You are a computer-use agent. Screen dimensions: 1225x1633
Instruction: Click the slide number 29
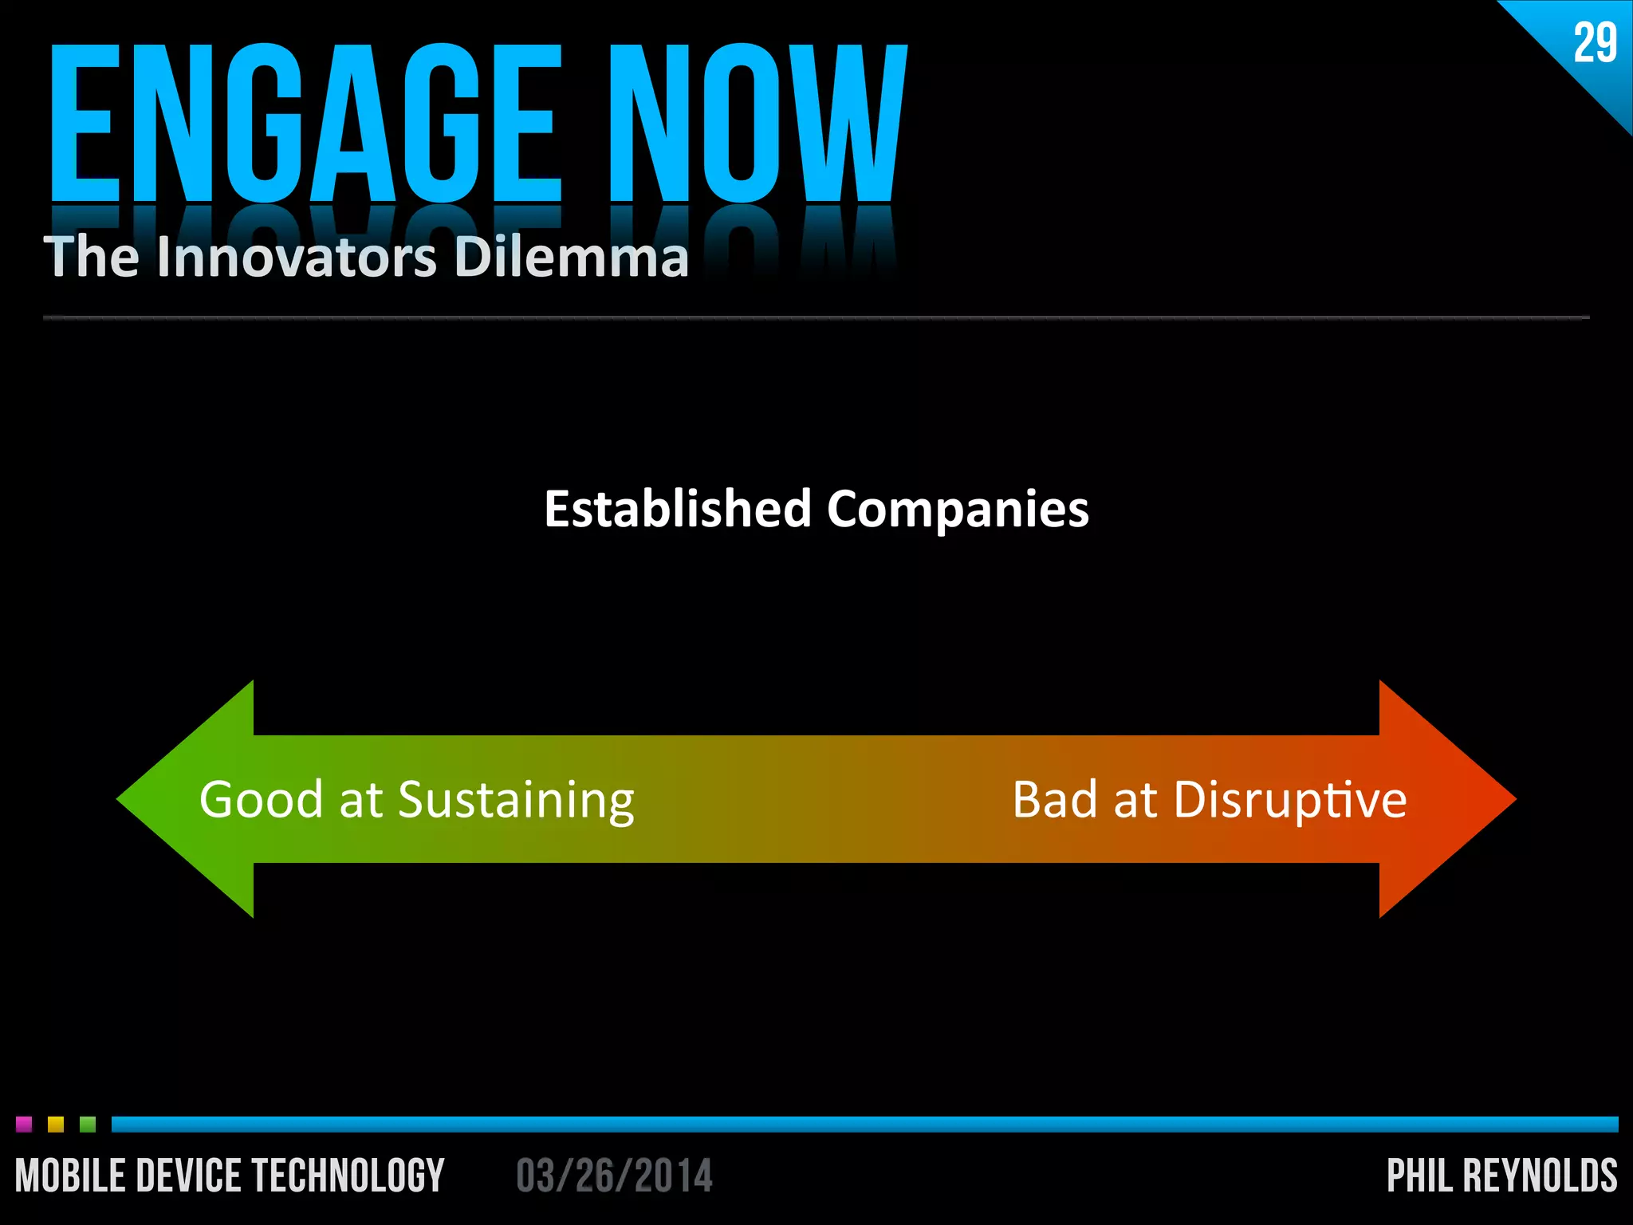tap(1595, 43)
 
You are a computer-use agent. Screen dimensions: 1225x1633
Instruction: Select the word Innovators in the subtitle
tap(297, 257)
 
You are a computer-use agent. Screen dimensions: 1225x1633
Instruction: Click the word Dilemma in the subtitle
tap(571, 257)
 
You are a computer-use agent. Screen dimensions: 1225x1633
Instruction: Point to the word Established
tap(677, 509)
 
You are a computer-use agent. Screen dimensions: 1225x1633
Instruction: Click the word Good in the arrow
tap(261, 799)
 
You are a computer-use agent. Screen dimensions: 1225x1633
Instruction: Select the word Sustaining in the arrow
tap(516, 801)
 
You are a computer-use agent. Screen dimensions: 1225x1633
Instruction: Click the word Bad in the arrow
tap(1054, 799)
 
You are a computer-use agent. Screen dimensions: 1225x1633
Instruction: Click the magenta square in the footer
tap(24, 1125)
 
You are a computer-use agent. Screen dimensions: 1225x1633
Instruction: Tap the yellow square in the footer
tap(56, 1125)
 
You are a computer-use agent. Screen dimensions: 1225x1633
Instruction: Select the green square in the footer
tap(88, 1125)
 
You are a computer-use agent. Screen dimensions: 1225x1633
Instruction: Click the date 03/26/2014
tap(614, 1176)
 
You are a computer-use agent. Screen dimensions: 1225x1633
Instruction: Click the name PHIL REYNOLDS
tap(1501, 1176)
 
